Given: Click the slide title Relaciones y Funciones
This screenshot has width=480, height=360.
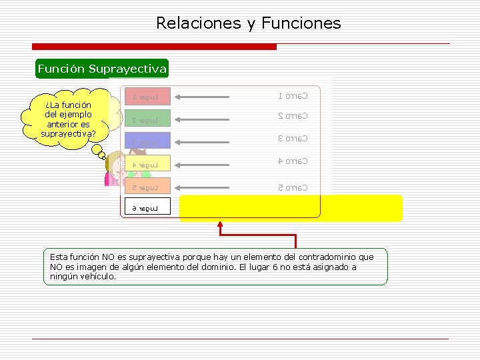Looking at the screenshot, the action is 248,23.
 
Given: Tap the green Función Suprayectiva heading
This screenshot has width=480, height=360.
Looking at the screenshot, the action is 102,69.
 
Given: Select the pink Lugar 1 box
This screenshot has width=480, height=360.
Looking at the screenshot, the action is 146,97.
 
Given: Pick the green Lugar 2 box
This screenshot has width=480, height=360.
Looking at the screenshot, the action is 146,120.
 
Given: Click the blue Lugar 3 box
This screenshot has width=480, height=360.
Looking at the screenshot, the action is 146,141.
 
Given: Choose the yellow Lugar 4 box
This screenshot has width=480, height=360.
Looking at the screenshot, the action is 146,163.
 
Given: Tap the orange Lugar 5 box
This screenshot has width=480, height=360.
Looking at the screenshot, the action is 146,187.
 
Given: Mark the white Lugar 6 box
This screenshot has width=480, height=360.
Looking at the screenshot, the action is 146,208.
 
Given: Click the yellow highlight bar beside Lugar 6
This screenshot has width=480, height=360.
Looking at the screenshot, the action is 291,208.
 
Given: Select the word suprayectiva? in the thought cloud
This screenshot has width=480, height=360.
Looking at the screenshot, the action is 68,134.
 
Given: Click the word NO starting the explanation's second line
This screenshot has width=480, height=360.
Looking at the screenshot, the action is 57,267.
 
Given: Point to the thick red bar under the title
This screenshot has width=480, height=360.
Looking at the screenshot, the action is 155,47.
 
